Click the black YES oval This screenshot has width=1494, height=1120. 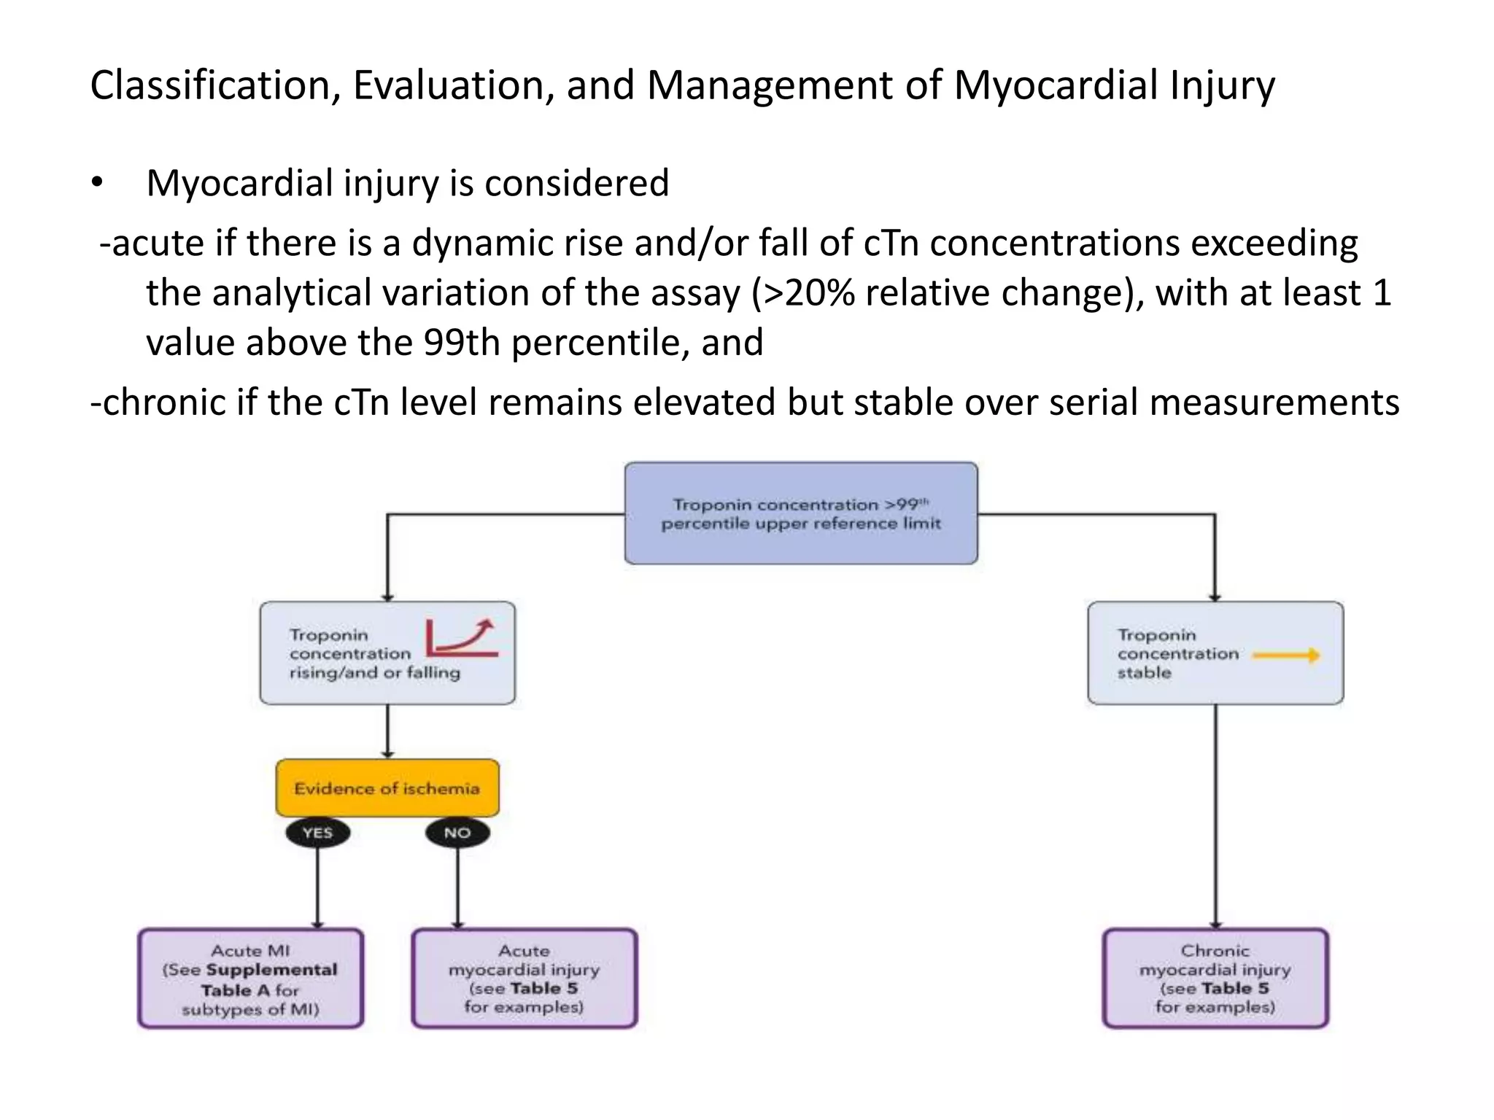pyautogui.click(x=317, y=833)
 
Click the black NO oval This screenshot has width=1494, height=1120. pyautogui.click(x=457, y=833)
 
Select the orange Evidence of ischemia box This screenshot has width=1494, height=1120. pyautogui.click(x=387, y=788)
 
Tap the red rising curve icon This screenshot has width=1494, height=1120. pyautogui.click(x=462, y=638)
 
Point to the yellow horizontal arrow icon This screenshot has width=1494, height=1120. pyautogui.click(x=1286, y=655)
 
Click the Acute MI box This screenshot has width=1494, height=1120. pyautogui.click(x=250, y=979)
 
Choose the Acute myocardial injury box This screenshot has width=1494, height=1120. pyautogui.click(x=524, y=979)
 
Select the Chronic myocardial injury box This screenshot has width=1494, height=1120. pyautogui.click(x=1215, y=979)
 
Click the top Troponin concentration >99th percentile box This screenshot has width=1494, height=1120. pyautogui.click(x=801, y=513)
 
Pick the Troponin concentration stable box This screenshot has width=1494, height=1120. pyautogui.click(x=1215, y=653)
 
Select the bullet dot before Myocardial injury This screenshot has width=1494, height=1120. pyautogui.click(x=98, y=183)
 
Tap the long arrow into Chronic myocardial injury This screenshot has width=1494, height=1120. pyautogui.click(x=1215, y=817)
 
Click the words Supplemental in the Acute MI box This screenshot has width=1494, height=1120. pyautogui.click(x=271, y=970)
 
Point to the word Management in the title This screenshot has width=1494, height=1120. pyautogui.click(x=770, y=85)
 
